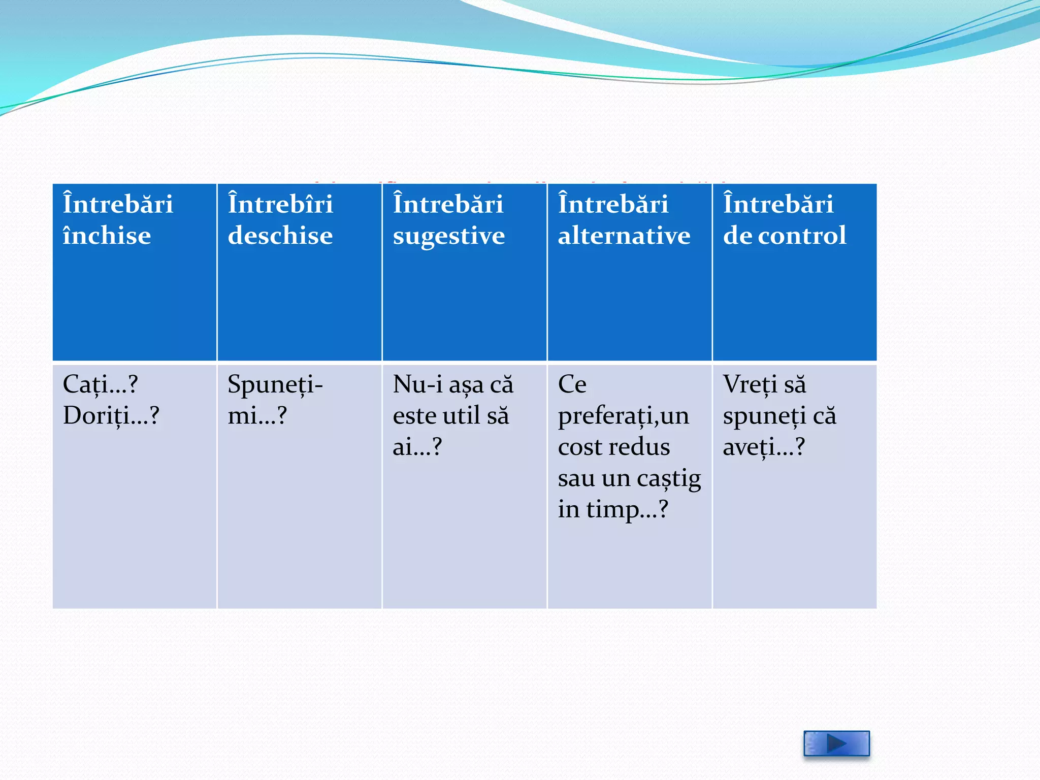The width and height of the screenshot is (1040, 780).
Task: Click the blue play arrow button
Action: coord(836,743)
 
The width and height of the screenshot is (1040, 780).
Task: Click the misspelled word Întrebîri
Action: coord(280,204)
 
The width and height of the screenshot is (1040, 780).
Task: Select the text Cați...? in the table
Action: coord(100,384)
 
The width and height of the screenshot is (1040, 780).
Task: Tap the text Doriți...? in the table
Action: coord(111,416)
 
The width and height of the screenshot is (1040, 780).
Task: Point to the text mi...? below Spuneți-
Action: coord(257,416)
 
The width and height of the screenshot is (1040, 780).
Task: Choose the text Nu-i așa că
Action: coord(453,384)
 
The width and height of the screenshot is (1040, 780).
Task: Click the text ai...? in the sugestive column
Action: coord(417,447)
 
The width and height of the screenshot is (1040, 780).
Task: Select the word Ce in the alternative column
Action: coord(572,384)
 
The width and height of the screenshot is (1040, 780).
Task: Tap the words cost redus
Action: coord(614,447)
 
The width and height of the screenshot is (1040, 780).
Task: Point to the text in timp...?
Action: coord(613,509)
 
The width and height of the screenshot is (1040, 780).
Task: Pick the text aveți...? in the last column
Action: coord(764,447)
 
